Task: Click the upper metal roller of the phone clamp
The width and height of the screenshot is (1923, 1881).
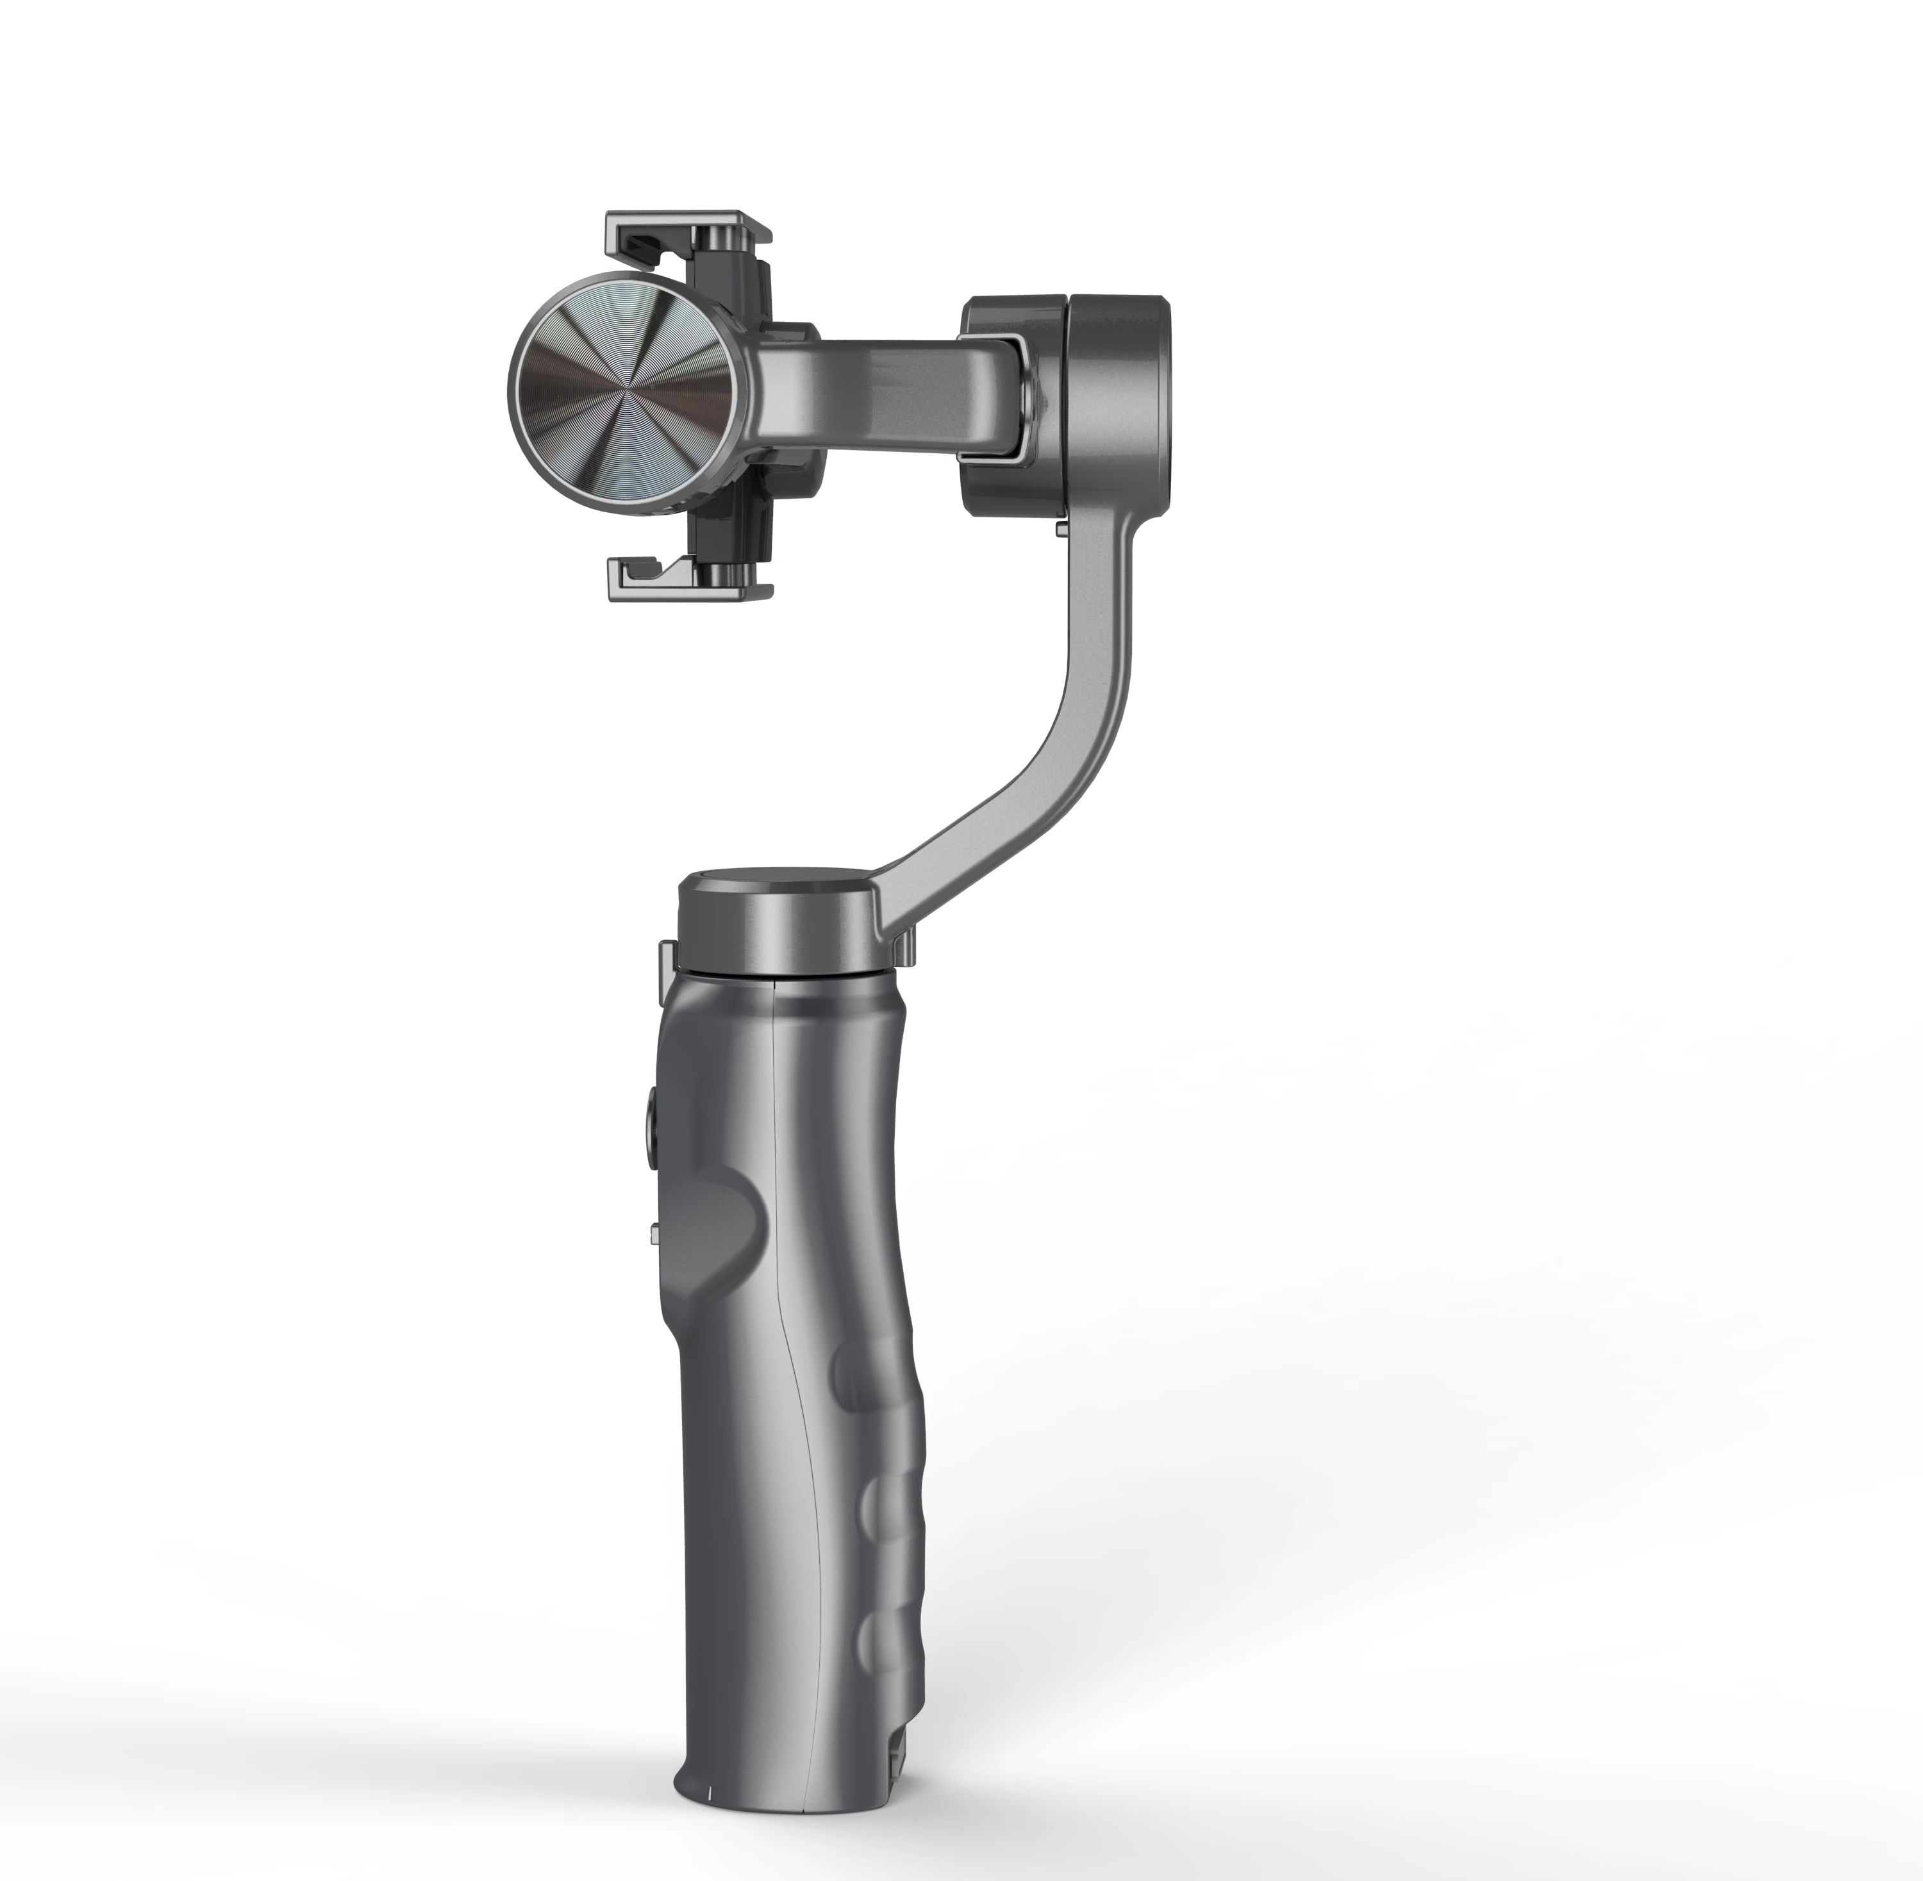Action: coord(719,238)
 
